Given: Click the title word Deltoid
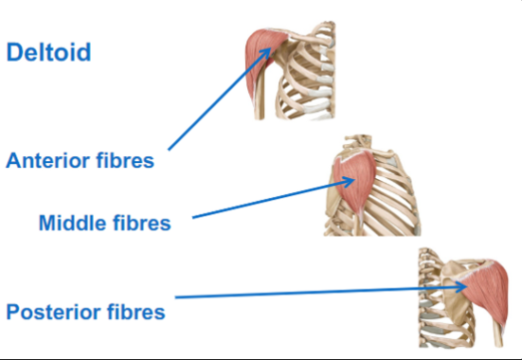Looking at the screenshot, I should pyautogui.click(x=48, y=51).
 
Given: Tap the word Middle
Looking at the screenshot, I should pyautogui.click(x=73, y=224).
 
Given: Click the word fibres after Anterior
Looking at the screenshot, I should pyautogui.click(x=122, y=161).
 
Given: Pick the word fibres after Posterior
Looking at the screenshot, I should pyautogui.click(x=136, y=311).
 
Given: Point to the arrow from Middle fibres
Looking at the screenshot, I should pyautogui.click(x=265, y=202).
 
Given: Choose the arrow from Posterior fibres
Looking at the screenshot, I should pyautogui.click(x=313, y=293).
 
